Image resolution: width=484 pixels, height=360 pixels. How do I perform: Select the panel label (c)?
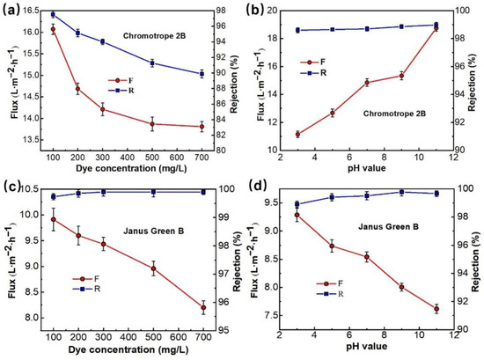(x=14, y=189)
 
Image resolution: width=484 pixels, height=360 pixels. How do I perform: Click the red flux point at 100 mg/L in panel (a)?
(x=53, y=30)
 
